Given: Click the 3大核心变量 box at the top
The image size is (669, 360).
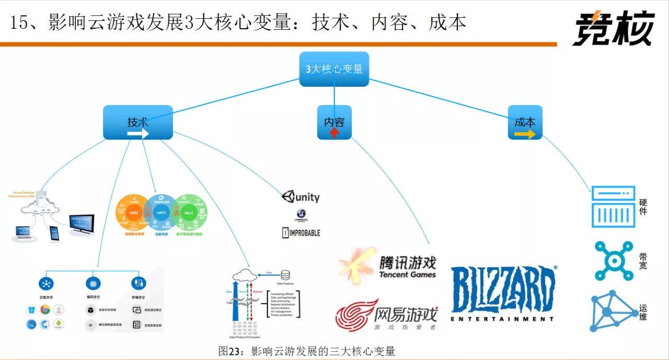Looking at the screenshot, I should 334,69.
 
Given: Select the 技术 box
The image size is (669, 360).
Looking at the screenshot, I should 137,122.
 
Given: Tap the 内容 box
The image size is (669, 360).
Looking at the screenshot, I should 334,122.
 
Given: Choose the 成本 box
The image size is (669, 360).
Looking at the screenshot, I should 525,122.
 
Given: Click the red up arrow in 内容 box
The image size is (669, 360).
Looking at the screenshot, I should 334,133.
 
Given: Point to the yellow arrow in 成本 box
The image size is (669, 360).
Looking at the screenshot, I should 525,134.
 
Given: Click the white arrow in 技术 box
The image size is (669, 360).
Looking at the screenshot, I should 138,134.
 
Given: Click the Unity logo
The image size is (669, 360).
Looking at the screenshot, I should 301,197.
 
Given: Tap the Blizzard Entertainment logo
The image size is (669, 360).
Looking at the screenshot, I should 502,293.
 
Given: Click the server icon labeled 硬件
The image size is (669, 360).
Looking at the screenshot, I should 613,206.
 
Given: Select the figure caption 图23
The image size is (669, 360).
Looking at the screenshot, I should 306,351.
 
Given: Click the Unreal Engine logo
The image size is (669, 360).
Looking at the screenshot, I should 301,215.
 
